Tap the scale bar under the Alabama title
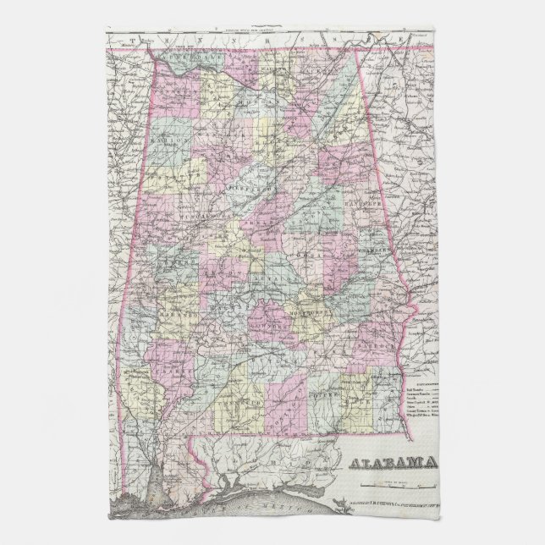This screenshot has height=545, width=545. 398,483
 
